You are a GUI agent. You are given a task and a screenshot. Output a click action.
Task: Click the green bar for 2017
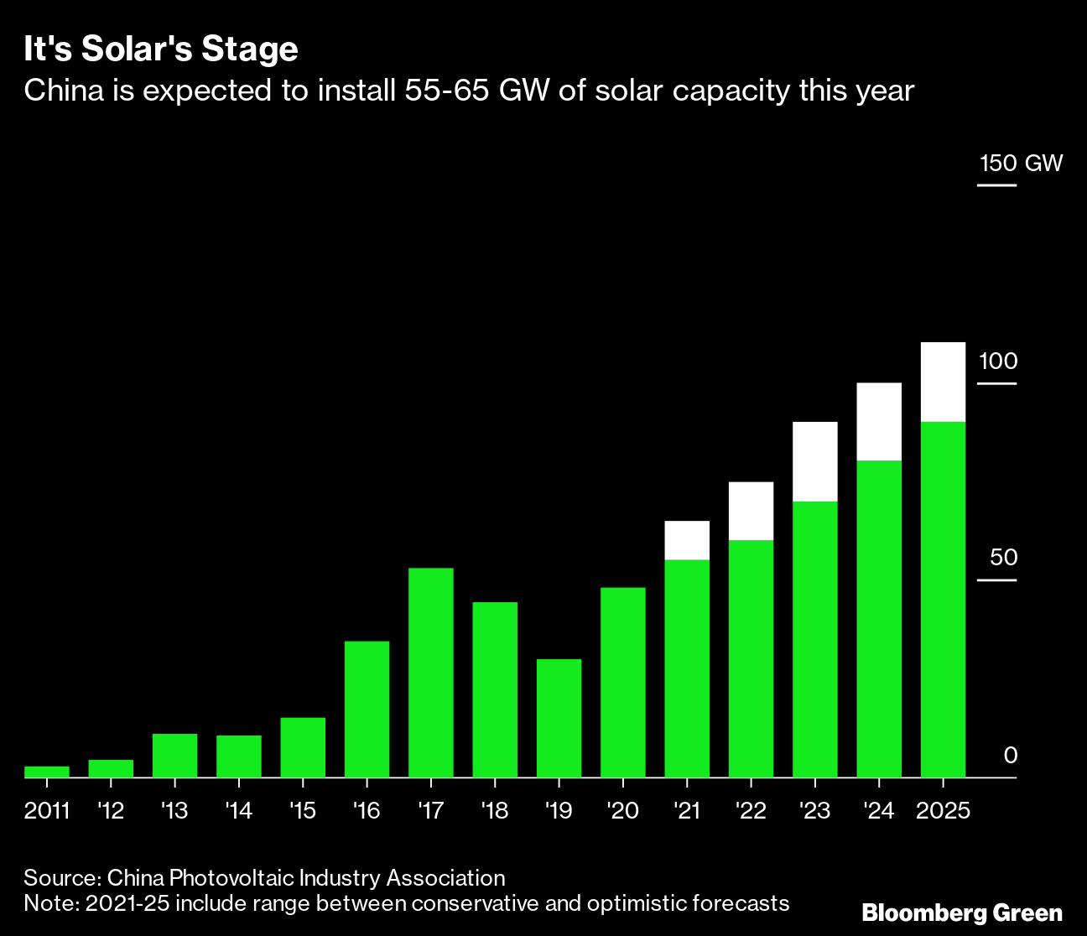pos(430,673)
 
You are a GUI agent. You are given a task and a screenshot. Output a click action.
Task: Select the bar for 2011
pos(47,772)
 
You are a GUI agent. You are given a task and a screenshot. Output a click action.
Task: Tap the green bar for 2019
pos(559,718)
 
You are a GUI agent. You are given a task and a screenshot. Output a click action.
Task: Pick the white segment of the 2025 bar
pos(943,382)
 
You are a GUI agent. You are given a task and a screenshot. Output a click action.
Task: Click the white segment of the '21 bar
pos(687,540)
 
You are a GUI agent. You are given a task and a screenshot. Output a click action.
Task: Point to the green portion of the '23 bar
pos(814,639)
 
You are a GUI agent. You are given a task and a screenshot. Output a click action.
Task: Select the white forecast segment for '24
pos(879,421)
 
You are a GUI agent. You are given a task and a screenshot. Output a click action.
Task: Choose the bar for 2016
pos(367,709)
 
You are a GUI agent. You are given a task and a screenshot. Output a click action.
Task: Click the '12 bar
pos(111,768)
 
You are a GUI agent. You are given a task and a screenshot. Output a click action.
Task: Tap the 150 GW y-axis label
pos(1020,163)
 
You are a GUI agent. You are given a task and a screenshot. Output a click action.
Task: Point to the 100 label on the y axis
pos(997,361)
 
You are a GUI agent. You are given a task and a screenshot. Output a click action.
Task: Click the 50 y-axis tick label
pos(1002,558)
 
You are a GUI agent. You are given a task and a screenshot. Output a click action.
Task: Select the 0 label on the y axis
pos(1010,755)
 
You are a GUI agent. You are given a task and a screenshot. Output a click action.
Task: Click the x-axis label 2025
pos(943,811)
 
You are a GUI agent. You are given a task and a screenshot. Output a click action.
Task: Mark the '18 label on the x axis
pos(494,811)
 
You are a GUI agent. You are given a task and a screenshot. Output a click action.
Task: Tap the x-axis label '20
pos(622,811)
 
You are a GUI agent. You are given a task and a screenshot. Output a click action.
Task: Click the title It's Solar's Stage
pos(161,49)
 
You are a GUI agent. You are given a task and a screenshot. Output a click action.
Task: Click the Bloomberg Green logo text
pos(962,913)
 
